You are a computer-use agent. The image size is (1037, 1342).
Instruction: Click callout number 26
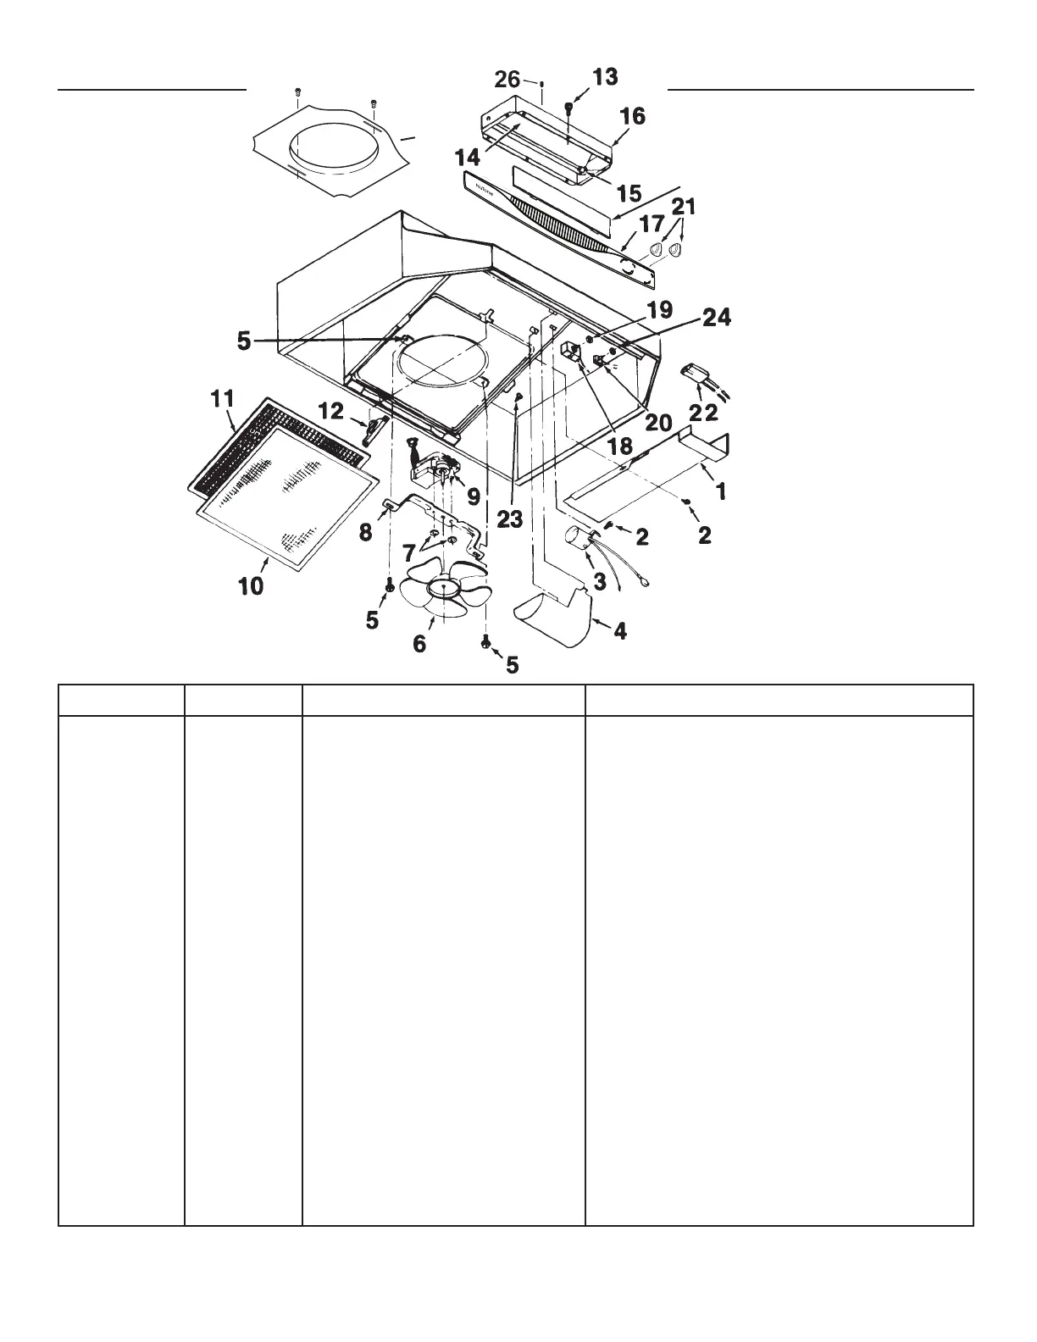pos(507,80)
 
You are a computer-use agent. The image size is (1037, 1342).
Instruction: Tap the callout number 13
pos(605,78)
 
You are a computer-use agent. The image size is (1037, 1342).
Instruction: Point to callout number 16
pos(633,116)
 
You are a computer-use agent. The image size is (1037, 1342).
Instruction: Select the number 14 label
pos(468,157)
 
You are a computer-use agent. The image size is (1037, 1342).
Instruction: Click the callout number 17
pos(652,226)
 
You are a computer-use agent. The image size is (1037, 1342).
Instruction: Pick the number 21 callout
pos(683,206)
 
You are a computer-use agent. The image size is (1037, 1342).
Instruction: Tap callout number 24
pos(717,319)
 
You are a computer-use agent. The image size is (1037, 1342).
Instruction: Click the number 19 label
pos(660,309)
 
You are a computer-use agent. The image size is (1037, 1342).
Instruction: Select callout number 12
pos(330,411)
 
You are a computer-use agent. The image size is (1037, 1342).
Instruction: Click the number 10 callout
pos(251,585)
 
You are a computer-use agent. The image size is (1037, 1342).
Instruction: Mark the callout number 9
pos(473,491)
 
